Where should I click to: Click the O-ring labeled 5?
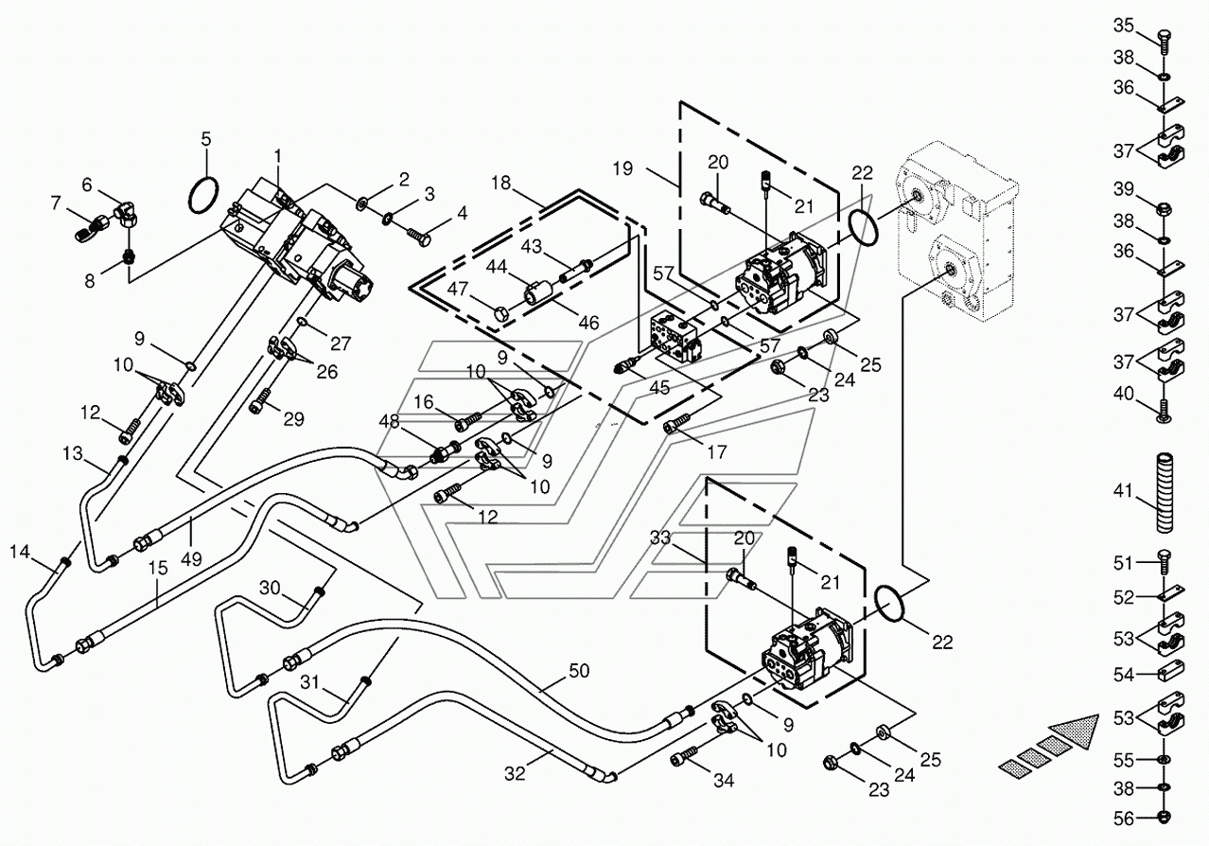(190, 194)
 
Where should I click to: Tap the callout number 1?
(277, 156)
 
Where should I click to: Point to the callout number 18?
(500, 183)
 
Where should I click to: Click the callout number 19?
(622, 168)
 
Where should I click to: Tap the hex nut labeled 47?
(502, 312)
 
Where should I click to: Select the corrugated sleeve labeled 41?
(1165, 493)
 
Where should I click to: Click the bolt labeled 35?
(1164, 41)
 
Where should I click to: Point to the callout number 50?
(579, 671)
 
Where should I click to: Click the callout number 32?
(515, 774)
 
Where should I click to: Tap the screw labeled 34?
(684, 756)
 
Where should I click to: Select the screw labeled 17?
(677, 423)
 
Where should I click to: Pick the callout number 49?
(192, 558)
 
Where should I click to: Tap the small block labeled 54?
(1170, 671)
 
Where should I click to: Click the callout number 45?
(659, 387)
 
